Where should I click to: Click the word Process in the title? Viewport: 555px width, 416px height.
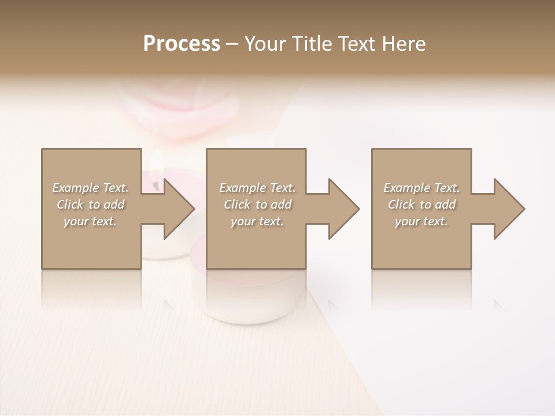click(x=182, y=44)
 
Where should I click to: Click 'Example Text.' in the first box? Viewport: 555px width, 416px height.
click(x=90, y=188)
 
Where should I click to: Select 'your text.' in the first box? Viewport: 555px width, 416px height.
click(x=90, y=221)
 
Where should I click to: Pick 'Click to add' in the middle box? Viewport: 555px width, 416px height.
click(x=257, y=205)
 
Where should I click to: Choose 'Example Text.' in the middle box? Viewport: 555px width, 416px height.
click(x=257, y=188)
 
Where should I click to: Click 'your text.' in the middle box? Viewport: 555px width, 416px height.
click(x=257, y=221)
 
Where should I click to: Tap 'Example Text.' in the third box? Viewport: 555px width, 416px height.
click(x=421, y=188)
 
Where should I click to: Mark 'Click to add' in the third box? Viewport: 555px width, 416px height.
click(x=421, y=205)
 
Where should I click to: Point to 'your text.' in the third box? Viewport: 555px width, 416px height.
click(x=421, y=221)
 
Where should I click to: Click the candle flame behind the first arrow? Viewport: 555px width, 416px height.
click(x=156, y=165)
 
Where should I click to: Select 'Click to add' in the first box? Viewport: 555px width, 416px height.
click(x=90, y=205)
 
